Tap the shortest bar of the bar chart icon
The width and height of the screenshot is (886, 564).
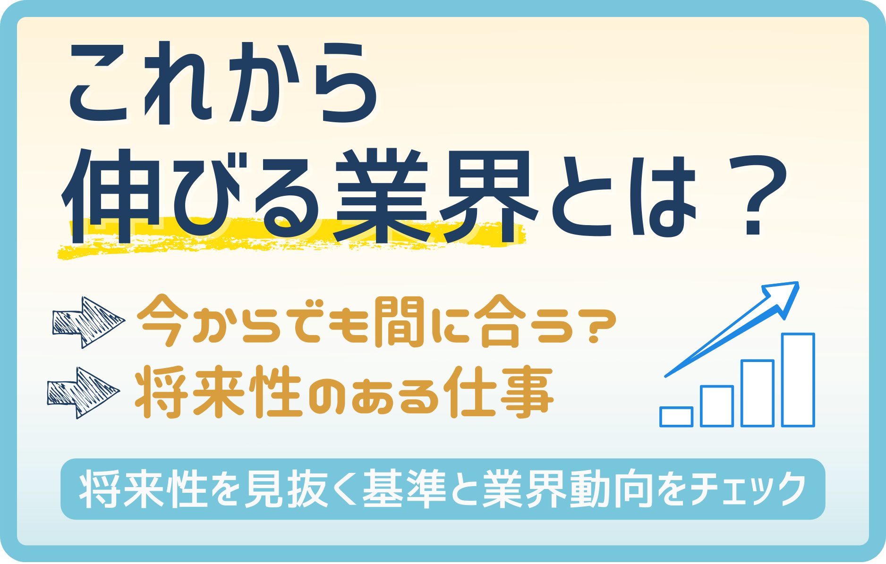pos(676,417)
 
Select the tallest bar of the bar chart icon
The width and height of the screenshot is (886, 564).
pos(798,380)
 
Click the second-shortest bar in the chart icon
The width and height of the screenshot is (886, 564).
pos(717,406)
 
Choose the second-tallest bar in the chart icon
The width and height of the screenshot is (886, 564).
pos(758,393)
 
